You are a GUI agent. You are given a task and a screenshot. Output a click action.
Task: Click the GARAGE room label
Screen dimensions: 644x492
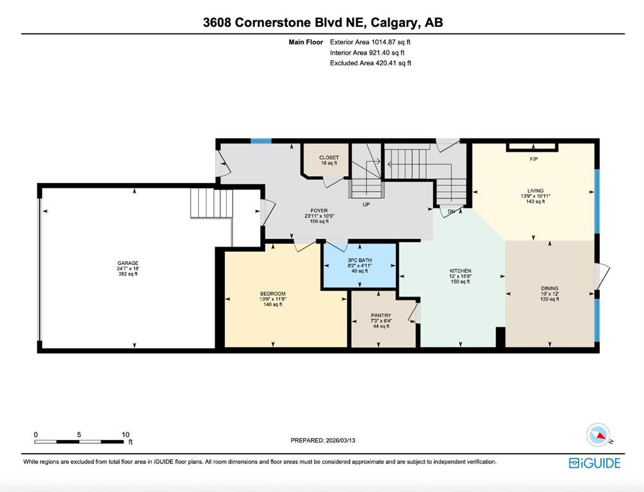pos(128,263)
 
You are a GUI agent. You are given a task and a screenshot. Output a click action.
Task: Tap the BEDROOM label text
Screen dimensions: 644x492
pos(273,293)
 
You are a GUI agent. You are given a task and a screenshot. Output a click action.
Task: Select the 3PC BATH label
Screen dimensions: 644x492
pos(359,260)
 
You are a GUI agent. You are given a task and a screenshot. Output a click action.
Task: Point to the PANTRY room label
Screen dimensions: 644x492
pos(381,315)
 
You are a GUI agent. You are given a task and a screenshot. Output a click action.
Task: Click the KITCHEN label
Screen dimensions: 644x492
pos(460,271)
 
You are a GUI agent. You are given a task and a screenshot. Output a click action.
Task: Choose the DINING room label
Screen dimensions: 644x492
pos(550,288)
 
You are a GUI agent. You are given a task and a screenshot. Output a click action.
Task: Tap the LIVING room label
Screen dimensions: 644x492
pos(535,190)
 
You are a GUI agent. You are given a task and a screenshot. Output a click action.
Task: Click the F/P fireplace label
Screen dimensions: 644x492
pos(534,160)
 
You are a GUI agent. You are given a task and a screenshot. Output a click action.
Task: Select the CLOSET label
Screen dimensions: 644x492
pos(329,158)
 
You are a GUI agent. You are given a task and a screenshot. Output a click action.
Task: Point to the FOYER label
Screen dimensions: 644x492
pos(319,211)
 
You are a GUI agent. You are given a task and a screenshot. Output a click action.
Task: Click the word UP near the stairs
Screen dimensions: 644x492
pos(366,204)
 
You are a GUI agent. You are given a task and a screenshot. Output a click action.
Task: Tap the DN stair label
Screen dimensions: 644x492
pos(451,211)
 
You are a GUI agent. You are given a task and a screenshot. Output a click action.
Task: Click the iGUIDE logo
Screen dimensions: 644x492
pos(595,463)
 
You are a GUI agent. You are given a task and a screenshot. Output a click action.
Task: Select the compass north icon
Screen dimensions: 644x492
pos(599,436)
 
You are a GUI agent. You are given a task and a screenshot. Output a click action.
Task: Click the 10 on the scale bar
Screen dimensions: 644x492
pos(126,434)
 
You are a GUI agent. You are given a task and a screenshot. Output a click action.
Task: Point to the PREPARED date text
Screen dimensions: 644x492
pos(323,440)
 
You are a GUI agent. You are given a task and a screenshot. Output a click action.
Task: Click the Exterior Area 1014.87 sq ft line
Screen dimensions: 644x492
pos(370,42)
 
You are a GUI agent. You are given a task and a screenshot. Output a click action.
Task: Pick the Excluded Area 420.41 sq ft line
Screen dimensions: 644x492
pos(370,63)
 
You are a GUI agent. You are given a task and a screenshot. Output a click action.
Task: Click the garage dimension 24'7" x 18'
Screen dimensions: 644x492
pos(128,268)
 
